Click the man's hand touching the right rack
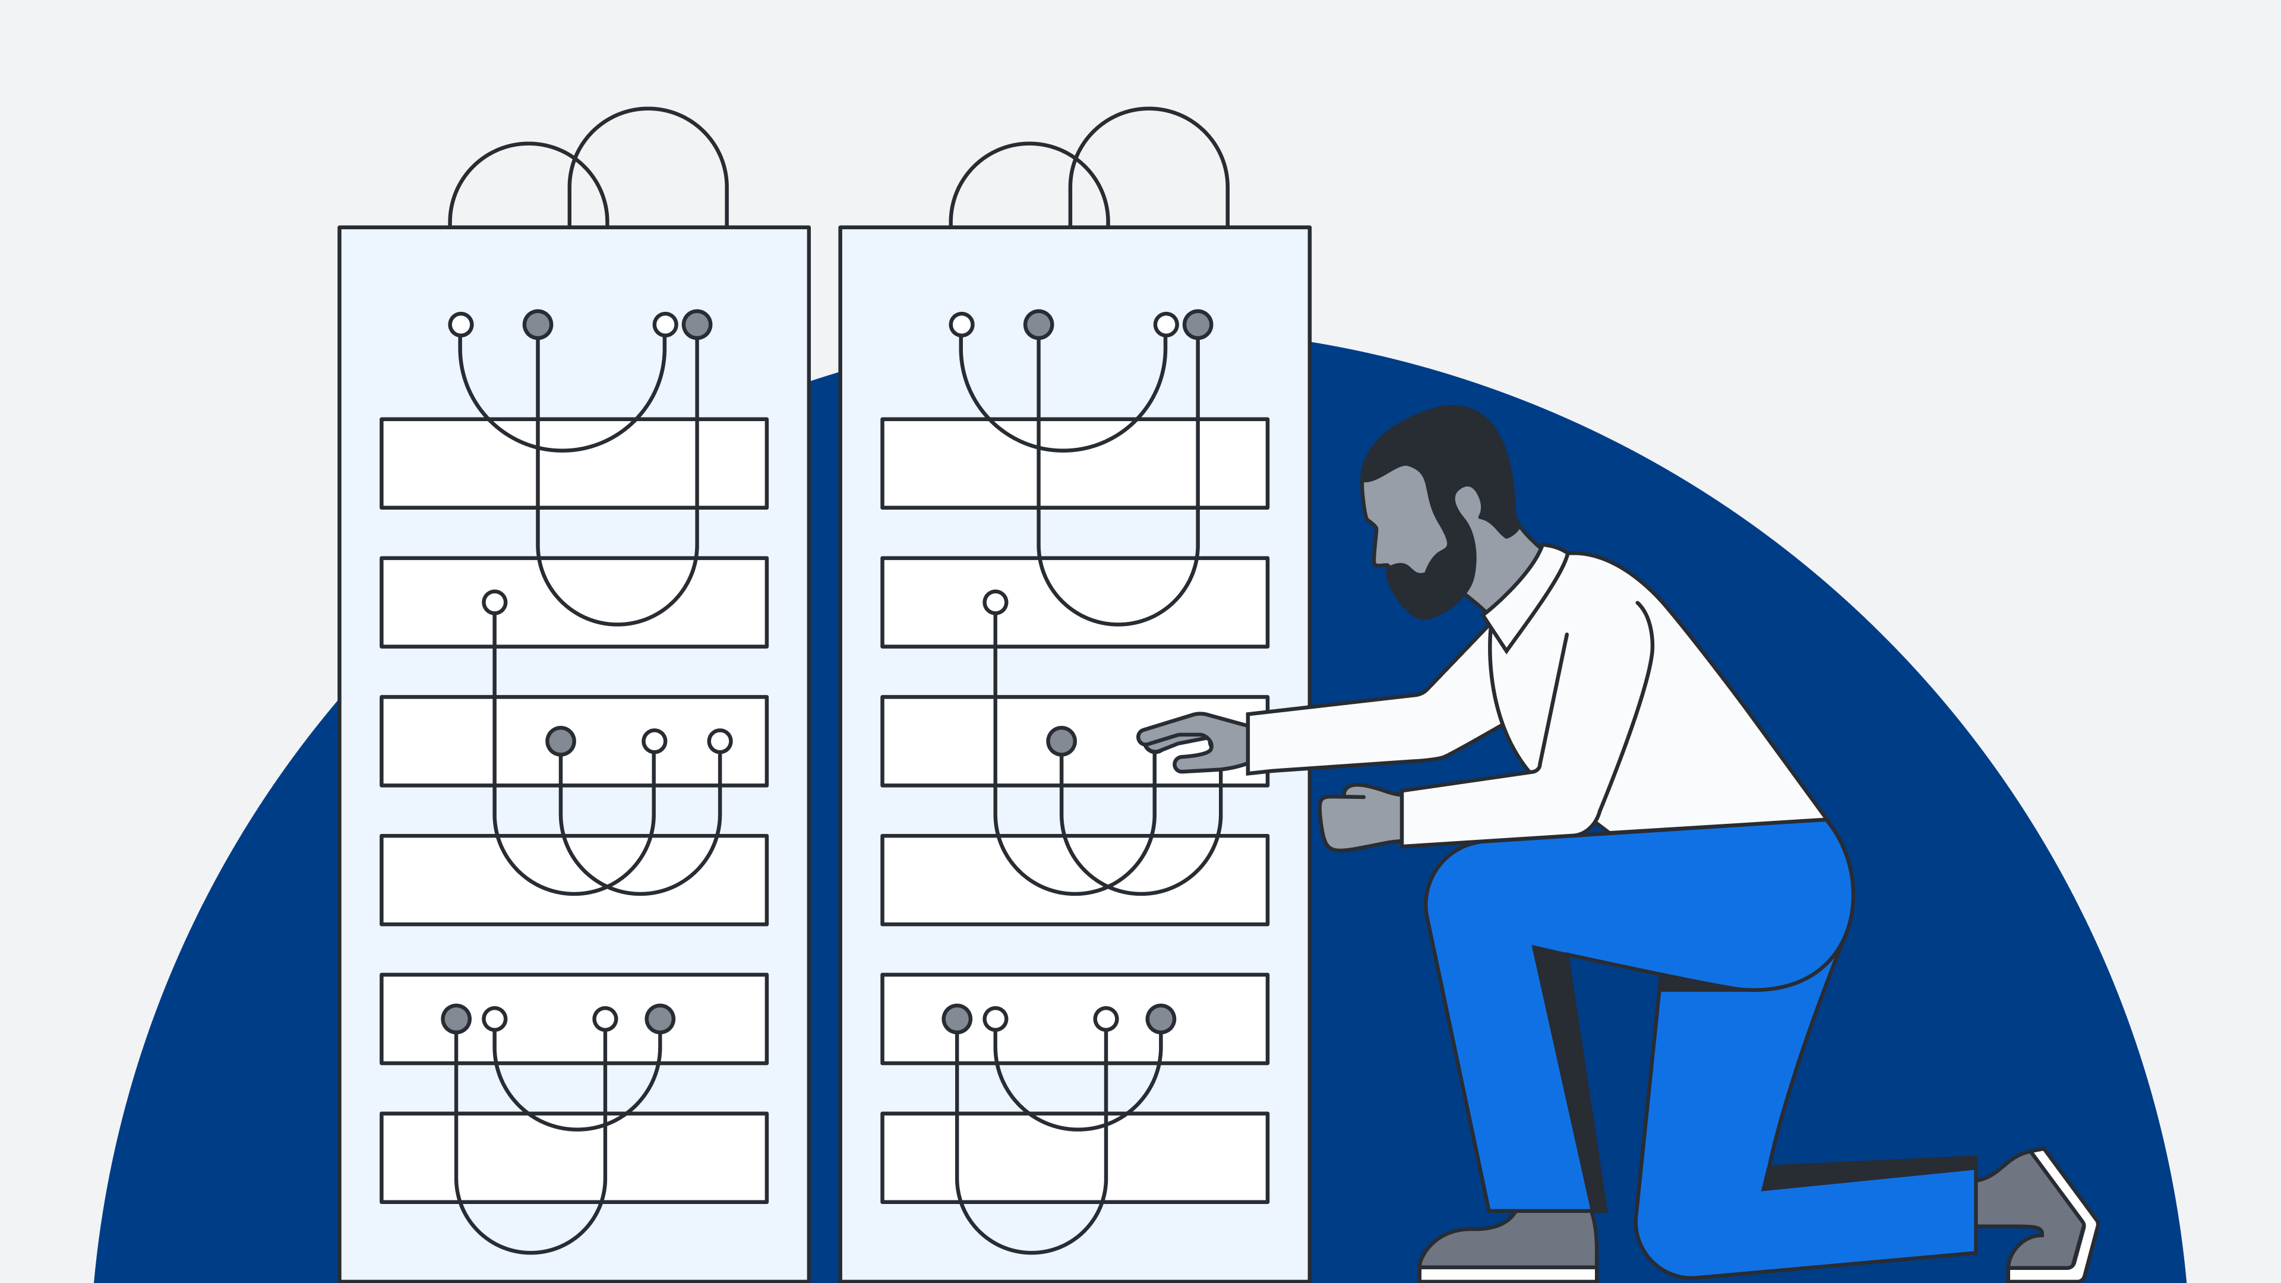[x=1195, y=742]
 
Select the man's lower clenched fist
[x=1359, y=819]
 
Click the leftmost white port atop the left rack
[x=460, y=324]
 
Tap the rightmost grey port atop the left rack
[x=697, y=324]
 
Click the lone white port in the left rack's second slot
[x=494, y=602]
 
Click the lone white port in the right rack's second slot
[x=996, y=602]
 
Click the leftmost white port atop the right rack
[x=962, y=324]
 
